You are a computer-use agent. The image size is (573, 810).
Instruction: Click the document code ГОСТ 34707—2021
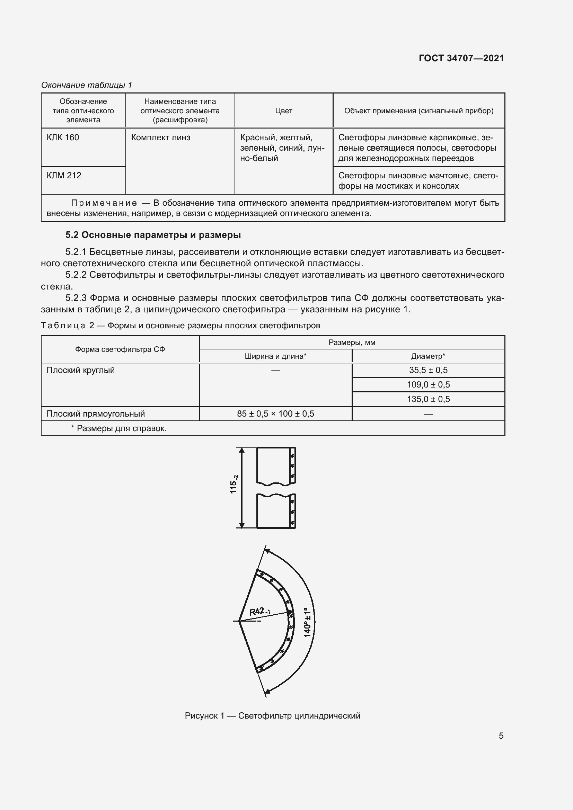coord(461,58)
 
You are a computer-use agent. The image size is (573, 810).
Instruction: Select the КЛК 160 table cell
coord(63,137)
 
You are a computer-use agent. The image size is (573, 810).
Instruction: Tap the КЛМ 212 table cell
coord(64,176)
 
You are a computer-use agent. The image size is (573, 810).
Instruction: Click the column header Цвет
coord(284,111)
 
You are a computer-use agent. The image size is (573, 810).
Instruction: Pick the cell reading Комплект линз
coord(160,137)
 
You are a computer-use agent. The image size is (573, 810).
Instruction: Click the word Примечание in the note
coord(104,203)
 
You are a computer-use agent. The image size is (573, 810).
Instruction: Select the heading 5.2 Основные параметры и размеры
coord(153,235)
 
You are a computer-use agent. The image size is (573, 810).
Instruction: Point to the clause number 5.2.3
coord(76,298)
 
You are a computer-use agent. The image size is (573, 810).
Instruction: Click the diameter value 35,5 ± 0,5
coord(428,371)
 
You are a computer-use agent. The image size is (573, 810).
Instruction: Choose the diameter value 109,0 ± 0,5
coord(428,385)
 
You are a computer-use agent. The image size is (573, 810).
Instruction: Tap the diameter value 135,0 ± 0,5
coord(428,399)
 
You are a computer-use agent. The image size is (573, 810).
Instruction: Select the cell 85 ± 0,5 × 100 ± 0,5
coord(275,414)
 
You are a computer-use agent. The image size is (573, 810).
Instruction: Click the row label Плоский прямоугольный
coord(96,414)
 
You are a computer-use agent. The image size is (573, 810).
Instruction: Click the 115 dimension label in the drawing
coord(234,484)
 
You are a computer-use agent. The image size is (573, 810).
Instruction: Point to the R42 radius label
coord(260,611)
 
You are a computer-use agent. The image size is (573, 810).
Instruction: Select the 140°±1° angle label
coord(307,622)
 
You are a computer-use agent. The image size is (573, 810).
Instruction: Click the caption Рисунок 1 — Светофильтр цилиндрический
coord(272,716)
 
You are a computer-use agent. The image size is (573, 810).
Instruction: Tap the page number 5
coord(501,736)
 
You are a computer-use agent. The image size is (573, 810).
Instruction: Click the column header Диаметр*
coord(428,356)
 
